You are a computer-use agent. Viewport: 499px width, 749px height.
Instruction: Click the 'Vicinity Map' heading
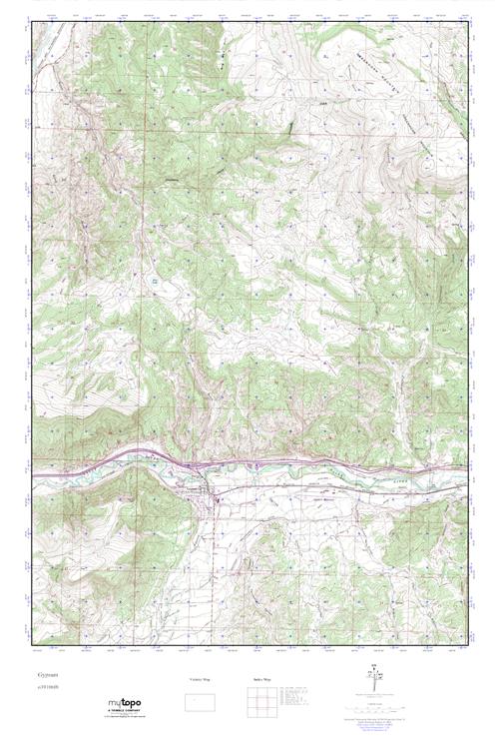pos(201,680)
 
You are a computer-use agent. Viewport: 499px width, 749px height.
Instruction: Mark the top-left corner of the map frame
pos(32,19)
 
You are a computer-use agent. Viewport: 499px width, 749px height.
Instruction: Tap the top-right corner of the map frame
pos(467,19)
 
